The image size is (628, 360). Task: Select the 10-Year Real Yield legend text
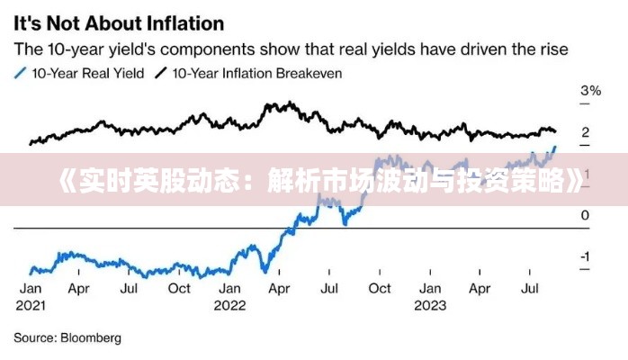[x=88, y=74]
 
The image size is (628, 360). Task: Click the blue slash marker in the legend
[x=20, y=74]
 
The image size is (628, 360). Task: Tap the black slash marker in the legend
[x=161, y=74]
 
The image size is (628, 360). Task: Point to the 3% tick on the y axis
[x=590, y=91]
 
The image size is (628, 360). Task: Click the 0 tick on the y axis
[x=585, y=216]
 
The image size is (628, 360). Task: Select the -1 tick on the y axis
[x=586, y=257]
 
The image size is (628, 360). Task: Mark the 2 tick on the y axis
[x=585, y=132]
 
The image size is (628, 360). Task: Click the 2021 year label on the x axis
[x=31, y=305]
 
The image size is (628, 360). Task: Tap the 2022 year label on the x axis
[x=230, y=305]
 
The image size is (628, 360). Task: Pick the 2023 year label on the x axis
[x=430, y=305]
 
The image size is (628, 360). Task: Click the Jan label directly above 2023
[x=430, y=289]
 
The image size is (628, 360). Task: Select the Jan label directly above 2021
[x=31, y=289]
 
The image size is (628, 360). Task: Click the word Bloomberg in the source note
[x=90, y=338]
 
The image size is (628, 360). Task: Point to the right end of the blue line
[x=555, y=146]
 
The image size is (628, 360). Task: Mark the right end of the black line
[x=555, y=132]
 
